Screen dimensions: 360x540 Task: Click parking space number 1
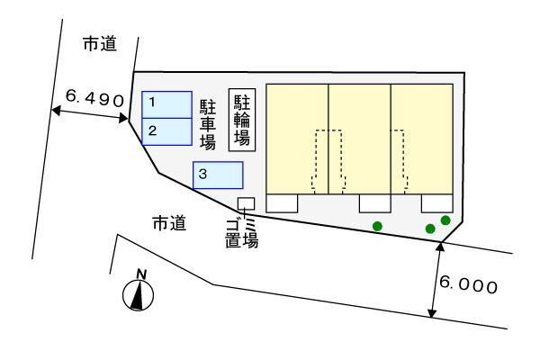click(166, 103)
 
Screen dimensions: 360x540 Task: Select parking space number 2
click(166, 131)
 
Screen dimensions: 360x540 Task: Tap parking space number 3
click(218, 175)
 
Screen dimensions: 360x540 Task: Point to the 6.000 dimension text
click(468, 286)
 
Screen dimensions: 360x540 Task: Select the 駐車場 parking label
click(208, 124)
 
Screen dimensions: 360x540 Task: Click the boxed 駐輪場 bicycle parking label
click(242, 119)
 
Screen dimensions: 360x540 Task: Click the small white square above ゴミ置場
click(246, 203)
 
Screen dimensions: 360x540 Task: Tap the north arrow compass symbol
click(139, 292)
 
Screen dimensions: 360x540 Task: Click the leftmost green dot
click(378, 225)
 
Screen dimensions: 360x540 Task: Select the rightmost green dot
click(445, 220)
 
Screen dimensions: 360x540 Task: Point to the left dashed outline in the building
click(327, 160)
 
